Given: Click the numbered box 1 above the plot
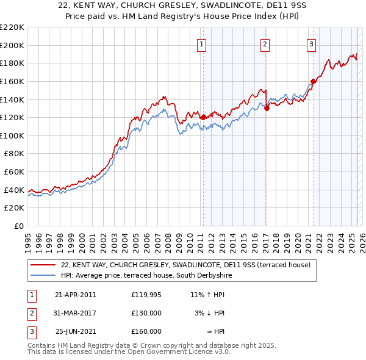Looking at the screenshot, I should pos(201,44).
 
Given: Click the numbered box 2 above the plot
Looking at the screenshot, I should pos(265,44).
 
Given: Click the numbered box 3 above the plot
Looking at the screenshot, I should pos(311,44).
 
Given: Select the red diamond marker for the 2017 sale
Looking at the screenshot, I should pos(267,108).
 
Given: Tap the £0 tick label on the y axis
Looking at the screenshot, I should pos(20,226).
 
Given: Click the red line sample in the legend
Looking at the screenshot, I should pos(43,265).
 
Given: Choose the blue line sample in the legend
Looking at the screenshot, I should pos(43,276).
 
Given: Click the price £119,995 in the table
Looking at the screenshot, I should pos(146,295).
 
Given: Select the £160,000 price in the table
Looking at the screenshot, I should pos(146,331).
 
